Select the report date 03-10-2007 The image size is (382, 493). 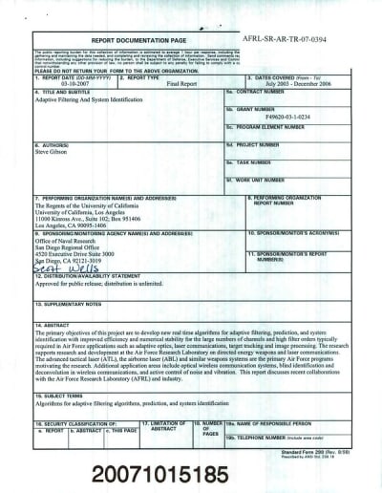click(x=63, y=83)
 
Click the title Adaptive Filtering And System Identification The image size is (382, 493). click(x=92, y=99)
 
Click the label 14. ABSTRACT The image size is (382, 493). click(x=48, y=325)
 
